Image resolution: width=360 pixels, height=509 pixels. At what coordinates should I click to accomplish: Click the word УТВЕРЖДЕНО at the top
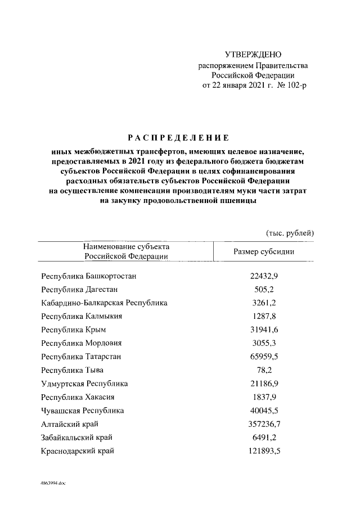[x=252, y=55]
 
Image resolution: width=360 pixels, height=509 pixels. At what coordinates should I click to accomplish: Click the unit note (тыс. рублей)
[x=289, y=233]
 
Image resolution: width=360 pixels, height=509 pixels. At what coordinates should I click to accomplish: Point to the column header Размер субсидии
[x=264, y=251]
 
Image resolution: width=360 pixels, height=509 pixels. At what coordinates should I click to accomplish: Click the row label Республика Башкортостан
[x=89, y=276]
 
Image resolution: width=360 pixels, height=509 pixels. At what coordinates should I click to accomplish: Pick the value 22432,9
[x=264, y=276]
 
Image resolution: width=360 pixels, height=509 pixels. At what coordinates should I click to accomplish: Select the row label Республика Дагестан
[x=79, y=290]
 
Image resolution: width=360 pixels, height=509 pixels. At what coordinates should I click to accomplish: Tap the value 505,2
[x=264, y=290]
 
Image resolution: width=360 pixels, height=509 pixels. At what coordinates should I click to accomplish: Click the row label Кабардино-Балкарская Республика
[x=104, y=303]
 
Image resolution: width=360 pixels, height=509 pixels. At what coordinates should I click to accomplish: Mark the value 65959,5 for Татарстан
[x=264, y=357]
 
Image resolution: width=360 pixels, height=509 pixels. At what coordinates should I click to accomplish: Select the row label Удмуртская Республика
[x=84, y=384]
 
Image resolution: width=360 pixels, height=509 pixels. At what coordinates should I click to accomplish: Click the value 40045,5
[x=264, y=411]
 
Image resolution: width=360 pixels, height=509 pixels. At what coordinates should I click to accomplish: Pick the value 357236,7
[x=264, y=424]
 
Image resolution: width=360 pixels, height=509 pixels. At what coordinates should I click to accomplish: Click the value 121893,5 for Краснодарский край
[x=264, y=451]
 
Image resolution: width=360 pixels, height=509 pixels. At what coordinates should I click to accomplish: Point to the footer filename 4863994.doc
[x=53, y=483]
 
